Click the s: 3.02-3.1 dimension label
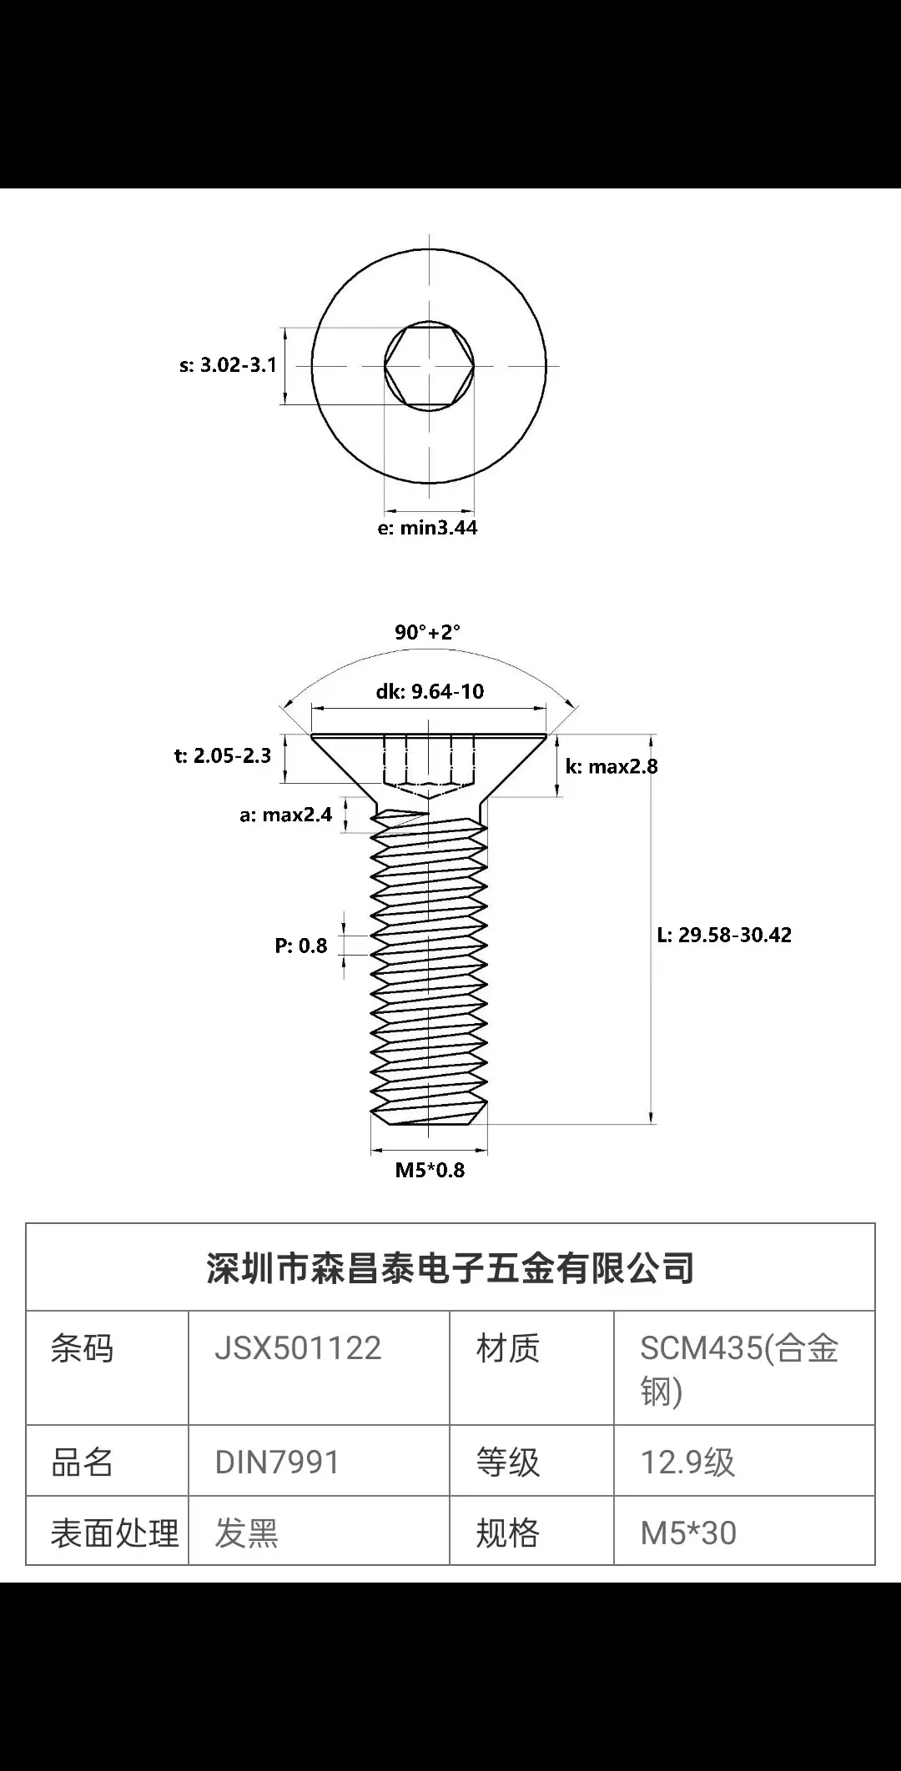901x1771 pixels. pos(228,365)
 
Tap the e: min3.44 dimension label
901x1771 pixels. pos(428,528)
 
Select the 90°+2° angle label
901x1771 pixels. pos(427,632)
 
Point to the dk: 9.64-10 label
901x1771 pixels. pos(430,691)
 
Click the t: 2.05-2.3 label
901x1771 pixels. pos(223,756)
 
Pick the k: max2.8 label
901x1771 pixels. pos(612,766)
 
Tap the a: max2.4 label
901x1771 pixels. pos(285,815)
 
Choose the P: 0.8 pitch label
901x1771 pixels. pos(301,946)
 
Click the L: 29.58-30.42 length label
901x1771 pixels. pos(724,935)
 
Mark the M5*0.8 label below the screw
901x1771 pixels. pos(430,1170)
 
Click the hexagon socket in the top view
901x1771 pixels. pos(429,365)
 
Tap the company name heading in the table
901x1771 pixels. pos(450,1268)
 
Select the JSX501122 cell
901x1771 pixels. pos(298,1348)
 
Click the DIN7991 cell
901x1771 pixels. pos(277,1462)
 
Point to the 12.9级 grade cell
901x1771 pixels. pos(687,1462)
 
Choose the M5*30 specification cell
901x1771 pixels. pos(688,1533)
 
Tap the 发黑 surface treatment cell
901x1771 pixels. pos(246,1533)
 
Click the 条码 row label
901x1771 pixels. pos(82,1348)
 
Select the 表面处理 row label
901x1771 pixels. pos(114,1533)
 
